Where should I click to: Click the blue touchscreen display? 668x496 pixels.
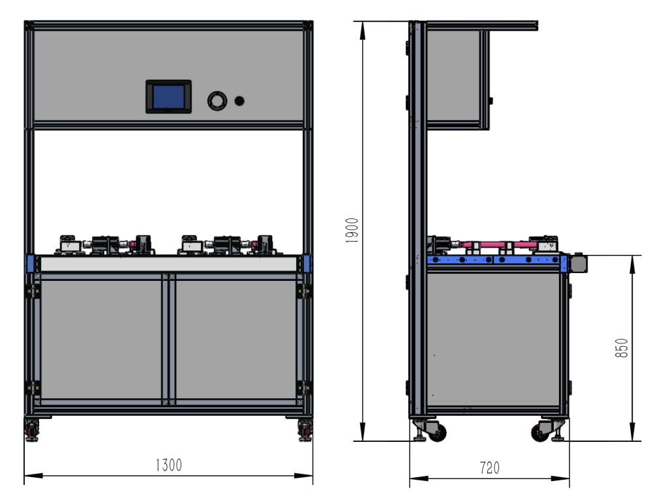(x=169, y=96)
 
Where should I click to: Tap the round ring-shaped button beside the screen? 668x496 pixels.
(x=217, y=101)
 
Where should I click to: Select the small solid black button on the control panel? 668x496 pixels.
(x=239, y=101)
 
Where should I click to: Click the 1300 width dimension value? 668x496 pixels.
(x=169, y=465)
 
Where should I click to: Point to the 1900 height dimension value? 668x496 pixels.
(x=352, y=230)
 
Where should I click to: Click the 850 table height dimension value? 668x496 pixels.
(x=622, y=348)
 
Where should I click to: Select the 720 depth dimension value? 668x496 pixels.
(x=489, y=468)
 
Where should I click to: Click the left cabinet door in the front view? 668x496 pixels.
(x=101, y=340)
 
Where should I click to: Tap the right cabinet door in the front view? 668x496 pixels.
(x=236, y=340)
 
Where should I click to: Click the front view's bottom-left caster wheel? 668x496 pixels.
(x=31, y=430)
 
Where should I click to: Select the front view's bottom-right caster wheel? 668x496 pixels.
(x=305, y=430)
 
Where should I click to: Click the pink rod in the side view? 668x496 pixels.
(x=498, y=245)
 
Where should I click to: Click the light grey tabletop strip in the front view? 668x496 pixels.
(x=169, y=263)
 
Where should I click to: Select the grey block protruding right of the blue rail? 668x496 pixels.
(x=578, y=263)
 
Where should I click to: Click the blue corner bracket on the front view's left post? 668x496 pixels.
(x=29, y=263)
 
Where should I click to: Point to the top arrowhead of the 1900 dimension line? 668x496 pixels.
(x=363, y=30)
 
